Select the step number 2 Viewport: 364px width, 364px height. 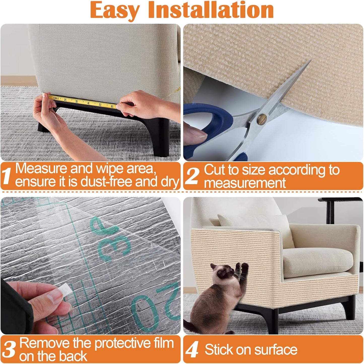coord(193,176)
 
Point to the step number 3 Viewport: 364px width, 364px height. coord(9,349)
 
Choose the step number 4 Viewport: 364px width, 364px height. coord(192,350)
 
